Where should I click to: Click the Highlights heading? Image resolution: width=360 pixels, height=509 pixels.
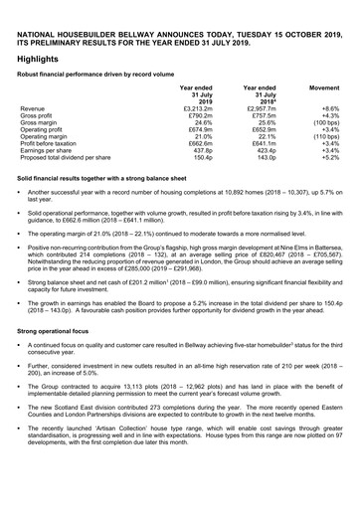click(x=38, y=58)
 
